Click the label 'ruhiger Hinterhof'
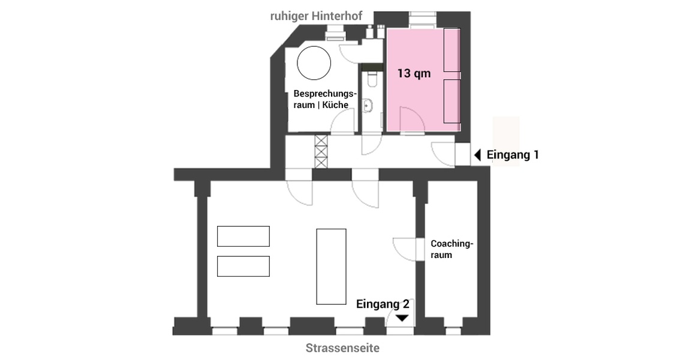coord(316,17)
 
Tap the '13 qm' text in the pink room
coord(414,73)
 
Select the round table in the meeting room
coord(314,62)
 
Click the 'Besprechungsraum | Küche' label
coord(324,99)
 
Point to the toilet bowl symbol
coord(372,79)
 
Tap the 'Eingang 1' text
coord(512,155)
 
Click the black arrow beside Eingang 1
coord(478,155)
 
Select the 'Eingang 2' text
coord(383,304)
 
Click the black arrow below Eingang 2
coord(402,318)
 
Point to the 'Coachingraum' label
coord(452,249)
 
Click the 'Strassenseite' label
coord(342,348)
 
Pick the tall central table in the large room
coord(331,266)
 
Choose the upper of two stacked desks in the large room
coord(243,236)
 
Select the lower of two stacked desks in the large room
coord(243,266)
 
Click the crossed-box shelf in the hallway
coord(321,151)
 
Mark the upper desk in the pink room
coord(452,50)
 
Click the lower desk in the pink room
coord(452,101)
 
